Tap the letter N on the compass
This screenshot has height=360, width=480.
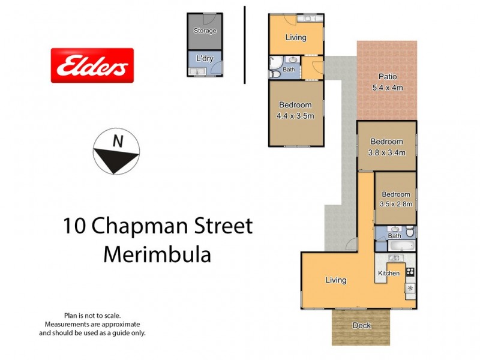(x=118, y=142)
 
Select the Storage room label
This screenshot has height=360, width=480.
(x=205, y=31)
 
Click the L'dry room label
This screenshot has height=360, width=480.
(x=205, y=59)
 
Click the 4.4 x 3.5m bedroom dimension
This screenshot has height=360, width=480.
(x=295, y=116)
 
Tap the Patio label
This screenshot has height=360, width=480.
(x=388, y=77)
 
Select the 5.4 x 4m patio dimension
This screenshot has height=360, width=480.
(x=387, y=87)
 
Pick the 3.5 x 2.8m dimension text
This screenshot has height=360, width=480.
(x=396, y=204)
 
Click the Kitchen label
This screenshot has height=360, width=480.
(x=388, y=274)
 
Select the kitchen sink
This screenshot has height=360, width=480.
(x=394, y=258)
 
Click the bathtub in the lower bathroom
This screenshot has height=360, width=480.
(x=395, y=245)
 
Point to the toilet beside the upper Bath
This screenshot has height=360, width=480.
(x=274, y=70)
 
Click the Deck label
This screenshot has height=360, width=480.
(x=361, y=326)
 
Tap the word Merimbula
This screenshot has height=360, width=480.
(x=157, y=254)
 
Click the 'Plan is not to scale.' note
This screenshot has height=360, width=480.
(x=92, y=316)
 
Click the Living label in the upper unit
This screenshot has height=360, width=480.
(x=296, y=37)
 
